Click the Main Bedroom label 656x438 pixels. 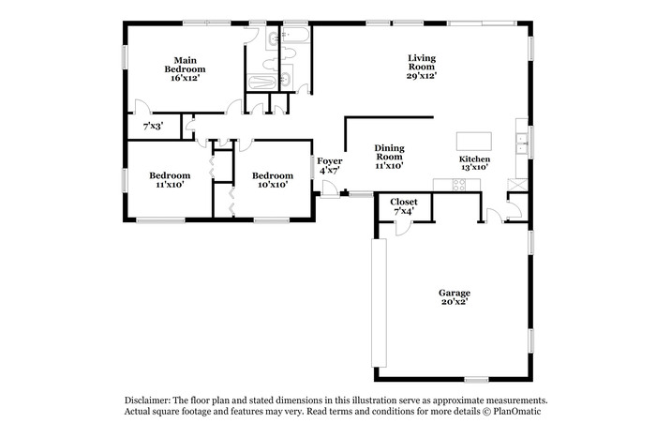185,65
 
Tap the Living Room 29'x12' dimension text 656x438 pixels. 422,76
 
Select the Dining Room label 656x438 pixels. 389,152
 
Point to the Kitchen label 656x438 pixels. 474,159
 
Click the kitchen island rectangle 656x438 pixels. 473,141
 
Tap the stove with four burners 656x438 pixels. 459,185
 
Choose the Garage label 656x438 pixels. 455,293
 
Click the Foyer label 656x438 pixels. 330,160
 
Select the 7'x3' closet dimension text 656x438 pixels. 154,126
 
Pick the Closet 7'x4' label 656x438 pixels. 404,206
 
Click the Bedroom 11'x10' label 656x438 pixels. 170,180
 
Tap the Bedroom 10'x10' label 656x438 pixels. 273,180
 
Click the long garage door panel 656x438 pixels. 379,303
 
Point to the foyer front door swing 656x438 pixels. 330,189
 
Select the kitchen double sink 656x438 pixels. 522,143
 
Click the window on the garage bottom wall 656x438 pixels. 476,380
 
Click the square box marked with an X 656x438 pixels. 517,185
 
